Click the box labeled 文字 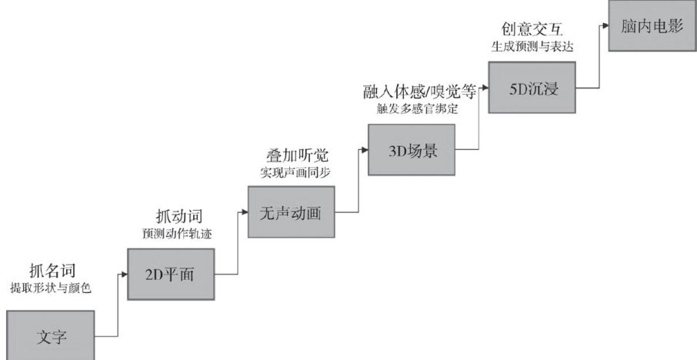point(50,335)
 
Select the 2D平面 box point(171,273)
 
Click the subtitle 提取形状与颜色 point(50,288)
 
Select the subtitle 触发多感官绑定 point(412,108)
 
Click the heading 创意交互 point(532,30)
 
